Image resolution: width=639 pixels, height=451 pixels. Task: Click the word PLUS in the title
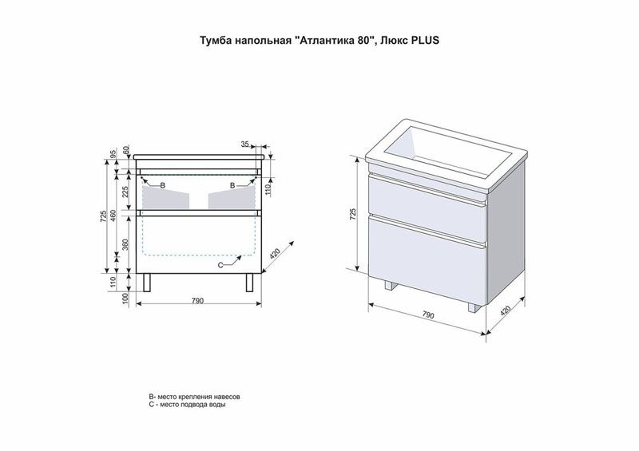click(x=427, y=41)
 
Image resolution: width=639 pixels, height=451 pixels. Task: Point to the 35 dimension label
click(x=244, y=144)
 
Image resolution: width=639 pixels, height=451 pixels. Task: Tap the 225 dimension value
click(x=125, y=191)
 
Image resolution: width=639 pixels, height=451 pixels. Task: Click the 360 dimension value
click(x=125, y=243)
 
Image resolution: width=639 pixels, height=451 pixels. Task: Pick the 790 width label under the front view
click(x=197, y=301)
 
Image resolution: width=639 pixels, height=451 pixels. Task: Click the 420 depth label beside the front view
click(x=276, y=254)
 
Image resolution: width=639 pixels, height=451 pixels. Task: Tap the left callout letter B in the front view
click(x=163, y=185)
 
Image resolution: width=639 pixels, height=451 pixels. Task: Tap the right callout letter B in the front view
click(x=232, y=185)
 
